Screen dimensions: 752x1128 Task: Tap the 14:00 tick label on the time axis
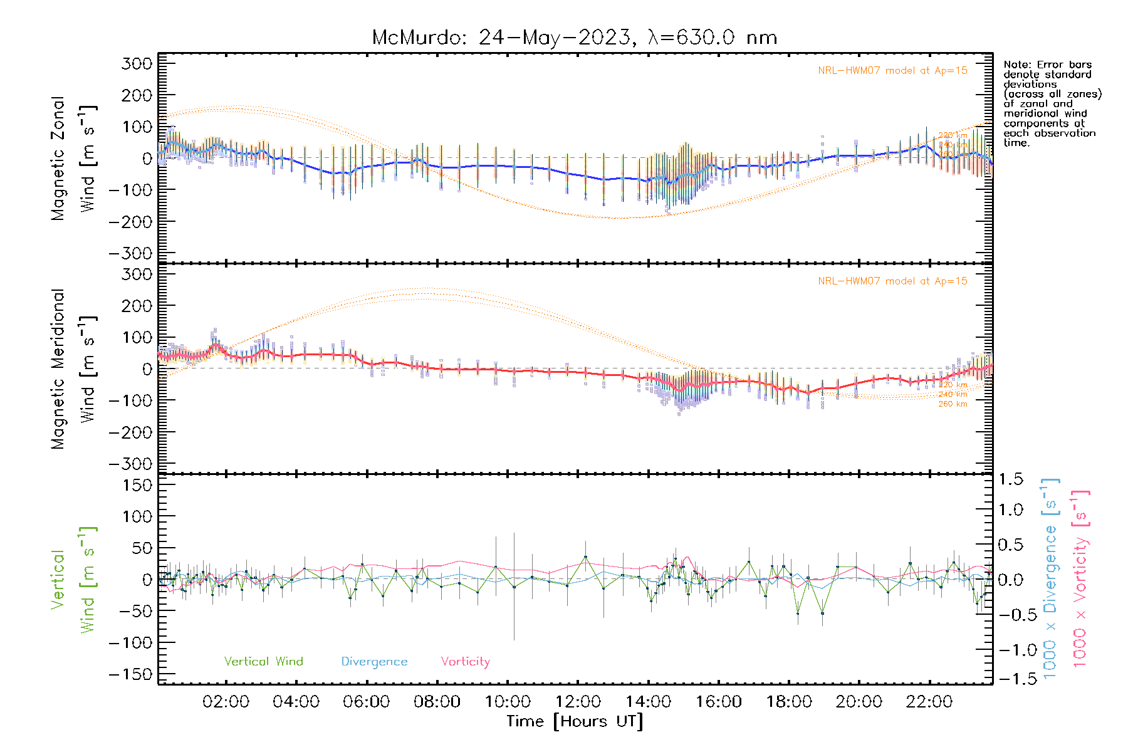click(649, 702)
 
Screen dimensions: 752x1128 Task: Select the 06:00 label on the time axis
click(367, 702)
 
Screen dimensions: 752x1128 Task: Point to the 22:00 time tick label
click(929, 702)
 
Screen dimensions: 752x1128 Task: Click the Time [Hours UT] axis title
click(575, 721)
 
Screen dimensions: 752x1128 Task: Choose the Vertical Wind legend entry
click(263, 662)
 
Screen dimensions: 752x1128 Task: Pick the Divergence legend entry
click(374, 662)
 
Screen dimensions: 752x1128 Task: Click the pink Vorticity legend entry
click(465, 662)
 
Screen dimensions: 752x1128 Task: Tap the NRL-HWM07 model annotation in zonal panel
click(892, 71)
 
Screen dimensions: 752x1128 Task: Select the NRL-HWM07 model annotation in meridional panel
click(892, 281)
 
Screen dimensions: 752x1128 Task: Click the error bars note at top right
click(1052, 103)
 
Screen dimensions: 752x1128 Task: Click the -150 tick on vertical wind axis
click(131, 674)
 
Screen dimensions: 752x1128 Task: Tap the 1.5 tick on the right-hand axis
click(1011, 479)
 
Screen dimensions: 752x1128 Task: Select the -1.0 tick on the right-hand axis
click(1011, 650)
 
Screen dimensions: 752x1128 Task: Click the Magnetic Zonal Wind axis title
click(74, 159)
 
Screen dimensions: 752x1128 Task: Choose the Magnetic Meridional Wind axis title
click(74, 370)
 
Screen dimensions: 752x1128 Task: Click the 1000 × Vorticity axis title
click(1081, 578)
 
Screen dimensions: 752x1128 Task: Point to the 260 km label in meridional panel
click(953, 404)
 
